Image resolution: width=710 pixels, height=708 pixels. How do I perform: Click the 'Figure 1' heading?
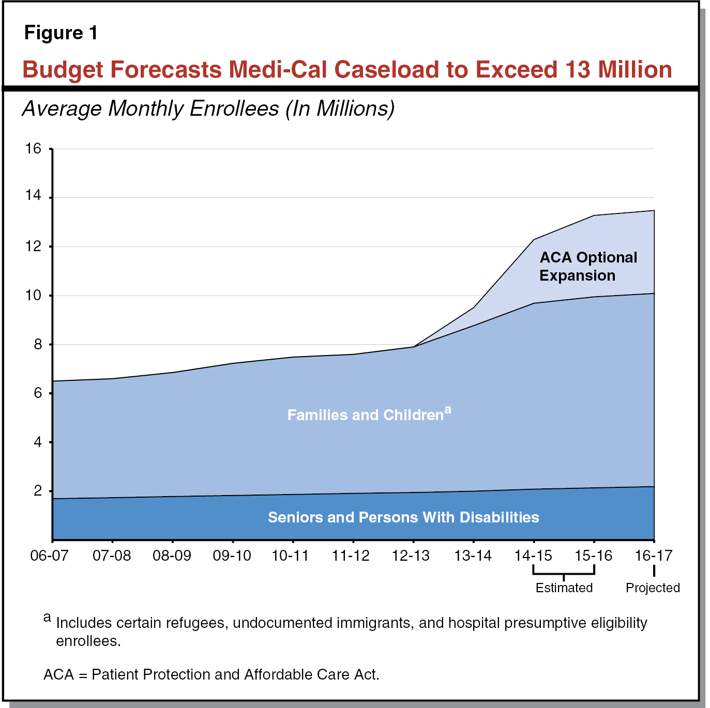pos(61,33)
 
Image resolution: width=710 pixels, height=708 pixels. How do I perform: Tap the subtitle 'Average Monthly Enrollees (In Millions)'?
pos(208,109)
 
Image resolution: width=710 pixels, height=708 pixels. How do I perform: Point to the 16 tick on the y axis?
pos(33,149)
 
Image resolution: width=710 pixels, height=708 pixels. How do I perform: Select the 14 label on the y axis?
pos(33,195)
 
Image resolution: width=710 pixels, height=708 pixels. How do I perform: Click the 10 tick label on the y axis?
pos(33,296)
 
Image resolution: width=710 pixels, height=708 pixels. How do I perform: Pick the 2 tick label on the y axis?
pos(38,490)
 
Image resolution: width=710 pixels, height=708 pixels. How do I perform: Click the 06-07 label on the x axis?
pos(50,556)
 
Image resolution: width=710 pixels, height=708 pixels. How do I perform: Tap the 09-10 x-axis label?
pos(232,556)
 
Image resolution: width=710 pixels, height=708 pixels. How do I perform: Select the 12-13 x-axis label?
pos(411,556)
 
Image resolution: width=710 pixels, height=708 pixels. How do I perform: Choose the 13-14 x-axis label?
pos(473,556)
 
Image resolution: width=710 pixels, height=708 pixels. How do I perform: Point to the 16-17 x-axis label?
pos(653,556)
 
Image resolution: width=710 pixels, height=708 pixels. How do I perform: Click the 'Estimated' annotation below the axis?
pos(564,588)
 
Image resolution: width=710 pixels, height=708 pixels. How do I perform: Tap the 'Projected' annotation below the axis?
pos(653,588)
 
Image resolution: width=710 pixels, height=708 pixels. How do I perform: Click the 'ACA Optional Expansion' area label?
pos(587,267)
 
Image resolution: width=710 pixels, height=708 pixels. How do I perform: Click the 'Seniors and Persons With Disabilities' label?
pos(403,517)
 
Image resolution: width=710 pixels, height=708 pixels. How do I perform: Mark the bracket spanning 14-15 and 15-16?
pos(564,573)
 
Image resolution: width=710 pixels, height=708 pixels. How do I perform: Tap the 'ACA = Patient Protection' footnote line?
pos(211,674)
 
